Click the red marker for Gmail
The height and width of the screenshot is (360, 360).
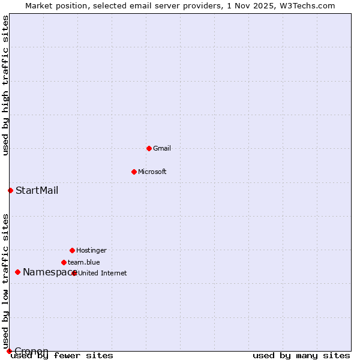(x=149, y=148)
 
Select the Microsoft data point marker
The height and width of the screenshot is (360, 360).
(x=134, y=172)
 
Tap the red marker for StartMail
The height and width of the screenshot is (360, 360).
(x=10, y=191)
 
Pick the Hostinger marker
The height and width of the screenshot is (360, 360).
(x=72, y=250)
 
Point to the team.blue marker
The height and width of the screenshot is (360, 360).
(x=64, y=262)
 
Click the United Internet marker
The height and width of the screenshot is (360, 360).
(x=74, y=273)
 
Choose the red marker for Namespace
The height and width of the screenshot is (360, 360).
(x=17, y=272)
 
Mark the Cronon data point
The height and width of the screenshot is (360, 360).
(x=9, y=351)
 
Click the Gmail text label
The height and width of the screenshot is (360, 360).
(x=162, y=148)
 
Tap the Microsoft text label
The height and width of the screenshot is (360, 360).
(x=152, y=172)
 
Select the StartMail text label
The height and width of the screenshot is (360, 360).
(x=37, y=191)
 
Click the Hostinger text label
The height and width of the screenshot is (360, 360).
(x=91, y=250)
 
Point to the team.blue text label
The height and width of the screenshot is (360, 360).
(x=84, y=262)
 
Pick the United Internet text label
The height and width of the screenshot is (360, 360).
(x=103, y=273)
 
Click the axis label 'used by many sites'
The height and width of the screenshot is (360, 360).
(x=301, y=356)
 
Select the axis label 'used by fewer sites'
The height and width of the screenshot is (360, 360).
(x=62, y=356)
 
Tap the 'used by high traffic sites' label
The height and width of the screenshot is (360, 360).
(x=5, y=85)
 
